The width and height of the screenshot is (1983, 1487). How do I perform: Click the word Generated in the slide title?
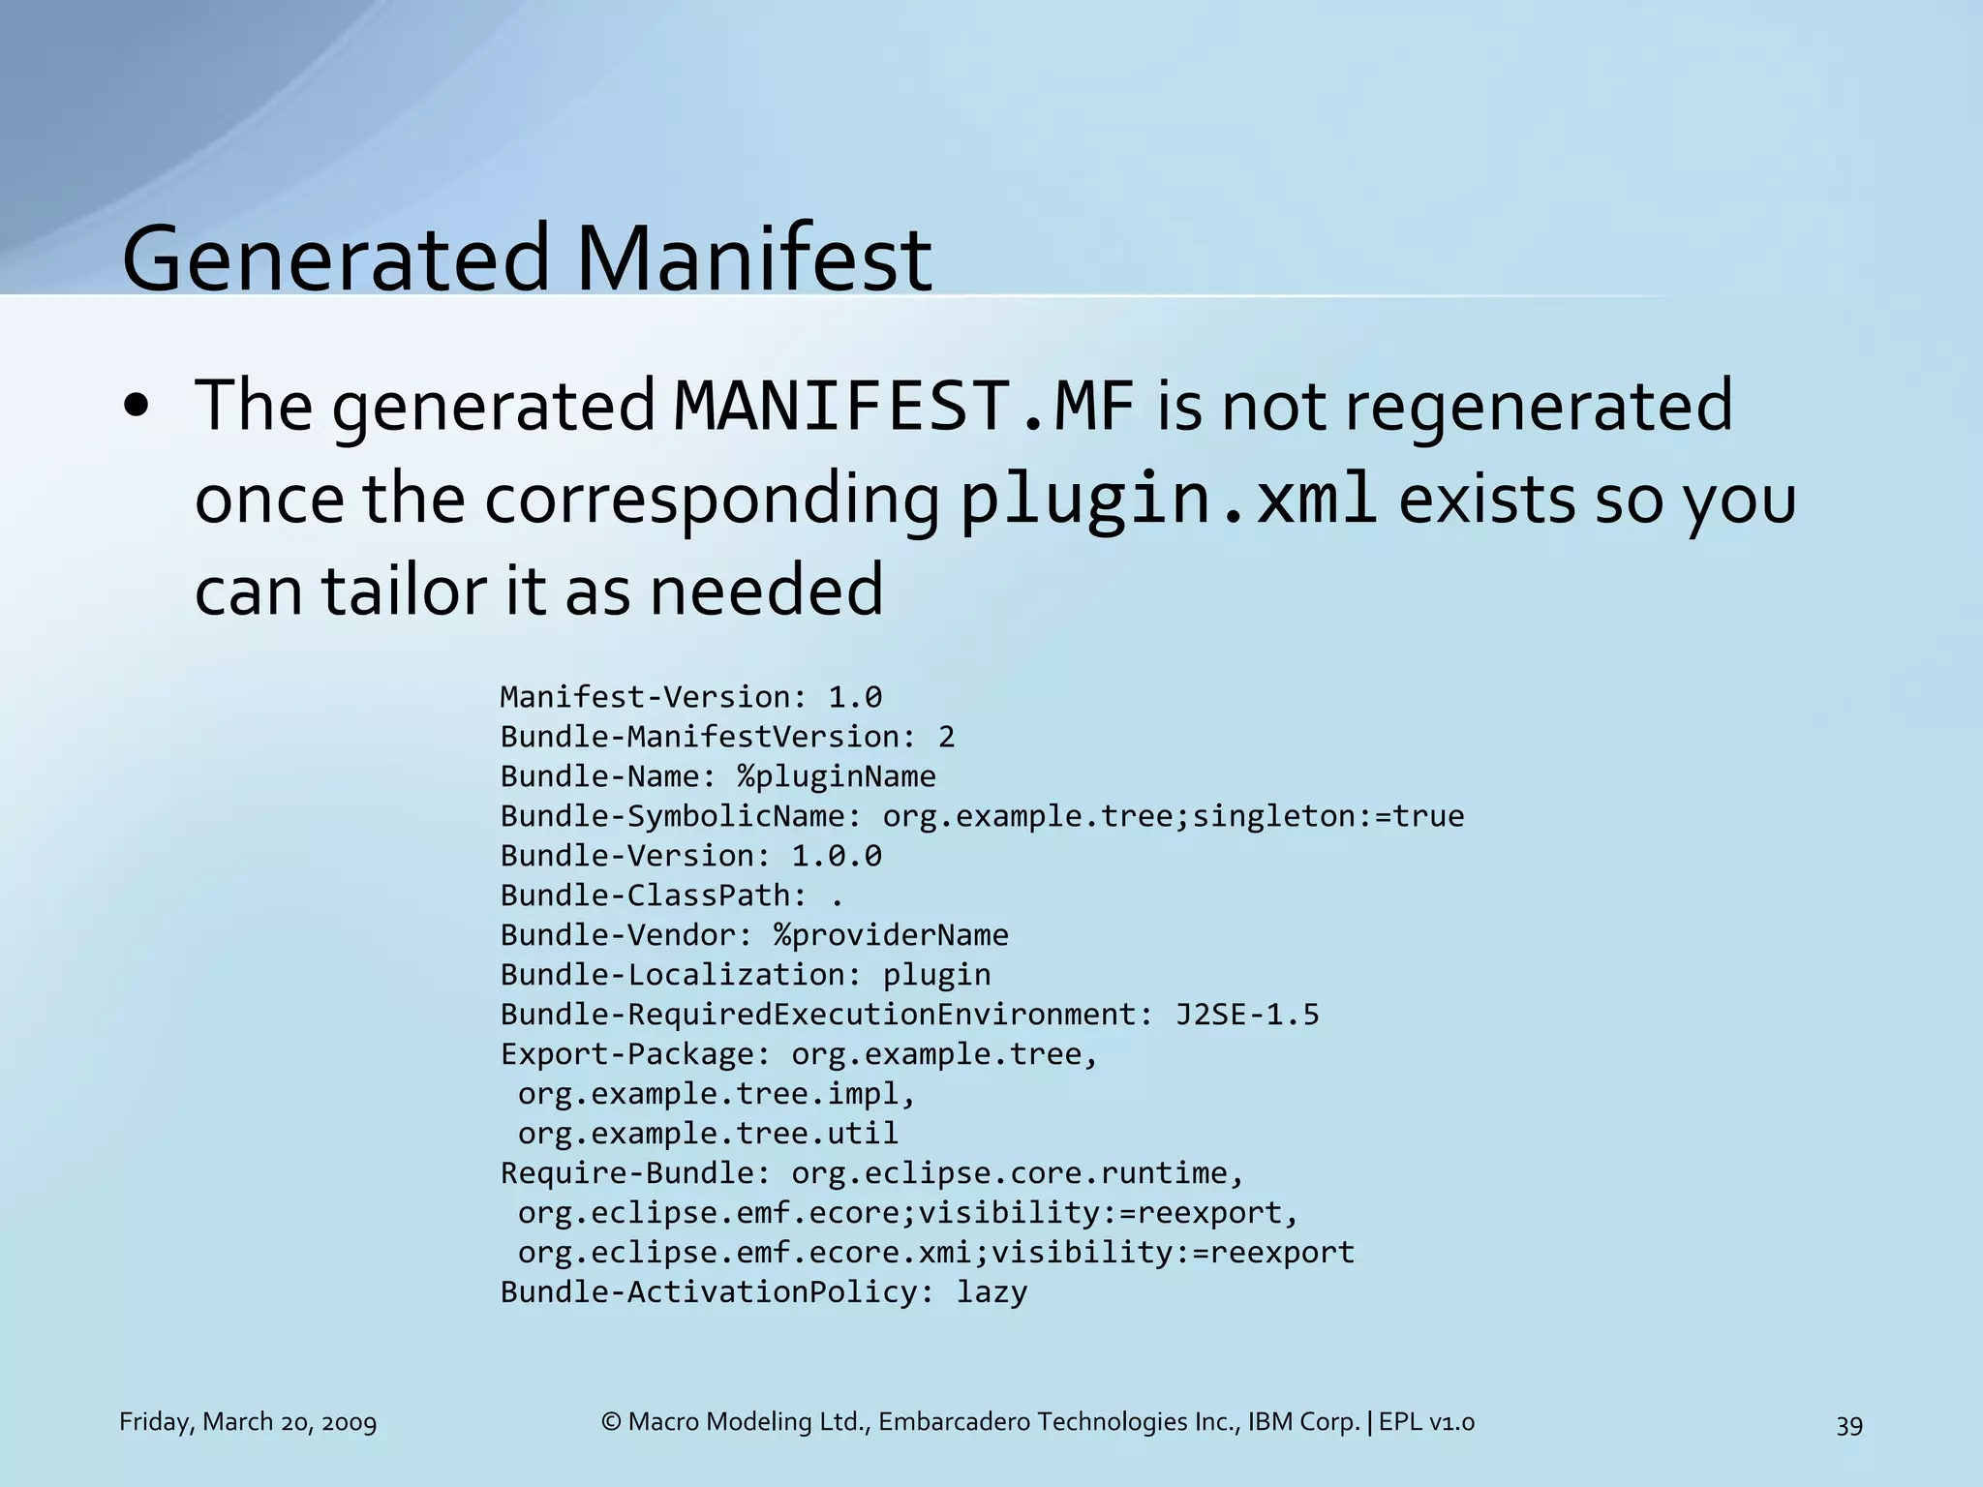(x=335, y=259)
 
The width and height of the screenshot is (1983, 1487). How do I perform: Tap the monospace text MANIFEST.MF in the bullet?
(x=902, y=407)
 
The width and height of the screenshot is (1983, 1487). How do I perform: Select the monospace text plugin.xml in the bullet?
(x=1168, y=499)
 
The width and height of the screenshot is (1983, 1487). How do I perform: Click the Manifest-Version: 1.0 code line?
(x=690, y=697)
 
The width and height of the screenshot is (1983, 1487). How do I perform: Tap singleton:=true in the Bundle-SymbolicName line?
(x=1327, y=816)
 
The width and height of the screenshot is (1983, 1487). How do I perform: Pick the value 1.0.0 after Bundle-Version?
(x=836, y=856)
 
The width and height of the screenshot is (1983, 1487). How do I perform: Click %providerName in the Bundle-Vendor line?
(x=890, y=935)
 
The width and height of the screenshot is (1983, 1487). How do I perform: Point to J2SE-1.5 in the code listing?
(x=1246, y=1015)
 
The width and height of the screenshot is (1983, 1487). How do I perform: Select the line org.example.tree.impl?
(x=717, y=1094)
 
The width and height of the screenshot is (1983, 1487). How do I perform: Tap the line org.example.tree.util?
(x=707, y=1134)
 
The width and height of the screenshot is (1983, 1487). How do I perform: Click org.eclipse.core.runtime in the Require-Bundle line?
(x=1008, y=1173)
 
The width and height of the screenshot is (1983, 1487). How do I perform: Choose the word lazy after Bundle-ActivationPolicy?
(x=991, y=1292)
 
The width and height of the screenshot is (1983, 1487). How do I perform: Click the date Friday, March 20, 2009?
(x=247, y=1422)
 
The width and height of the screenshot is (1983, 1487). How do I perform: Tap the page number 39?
(x=1848, y=1425)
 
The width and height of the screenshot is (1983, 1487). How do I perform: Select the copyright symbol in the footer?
(x=610, y=1422)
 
